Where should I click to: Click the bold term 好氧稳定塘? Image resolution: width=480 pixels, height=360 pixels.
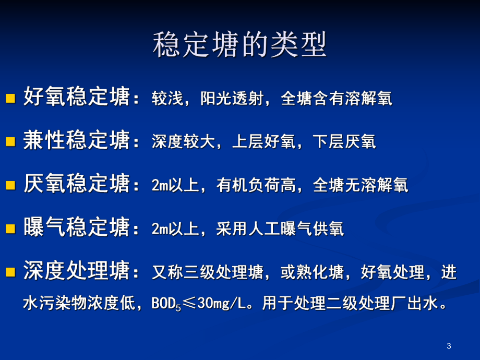[x=76, y=98]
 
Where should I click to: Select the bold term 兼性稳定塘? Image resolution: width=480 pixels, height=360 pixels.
[x=76, y=141]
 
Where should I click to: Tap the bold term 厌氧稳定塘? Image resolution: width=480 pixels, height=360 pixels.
[x=76, y=185]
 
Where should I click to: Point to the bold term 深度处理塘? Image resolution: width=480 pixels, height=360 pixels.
[x=76, y=272]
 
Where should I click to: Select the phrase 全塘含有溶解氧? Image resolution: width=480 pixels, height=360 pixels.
[x=337, y=99]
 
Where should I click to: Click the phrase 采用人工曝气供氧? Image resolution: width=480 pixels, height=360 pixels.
[x=280, y=229]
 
